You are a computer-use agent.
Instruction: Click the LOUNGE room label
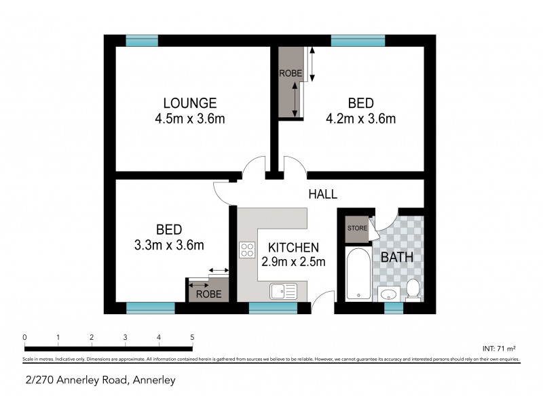pyautogui.click(x=189, y=103)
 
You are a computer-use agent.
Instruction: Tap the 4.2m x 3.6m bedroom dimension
pyautogui.click(x=360, y=119)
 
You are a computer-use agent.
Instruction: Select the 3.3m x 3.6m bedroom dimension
pyautogui.click(x=170, y=245)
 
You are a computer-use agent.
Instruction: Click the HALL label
pyautogui.click(x=322, y=194)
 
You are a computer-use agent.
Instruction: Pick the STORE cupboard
pyautogui.click(x=357, y=229)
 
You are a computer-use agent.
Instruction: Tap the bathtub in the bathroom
pyautogui.click(x=358, y=274)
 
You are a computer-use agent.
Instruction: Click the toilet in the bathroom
pyautogui.click(x=412, y=289)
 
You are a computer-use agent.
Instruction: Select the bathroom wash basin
pyautogui.click(x=388, y=294)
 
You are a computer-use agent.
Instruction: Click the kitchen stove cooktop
pyautogui.click(x=246, y=250)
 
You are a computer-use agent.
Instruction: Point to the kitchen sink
pyautogui.click(x=283, y=291)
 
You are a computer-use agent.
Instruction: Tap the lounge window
pyautogui.click(x=142, y=41)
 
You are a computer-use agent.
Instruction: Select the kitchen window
pyautogui.click(x=273, y=308)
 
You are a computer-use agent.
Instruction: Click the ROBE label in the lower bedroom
pyautogui.click(x=208, y=294)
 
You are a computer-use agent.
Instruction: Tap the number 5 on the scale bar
pyautogui.click(x=192, y=337)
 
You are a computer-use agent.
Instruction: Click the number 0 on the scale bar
pyautogui.click(x=24, y=337)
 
